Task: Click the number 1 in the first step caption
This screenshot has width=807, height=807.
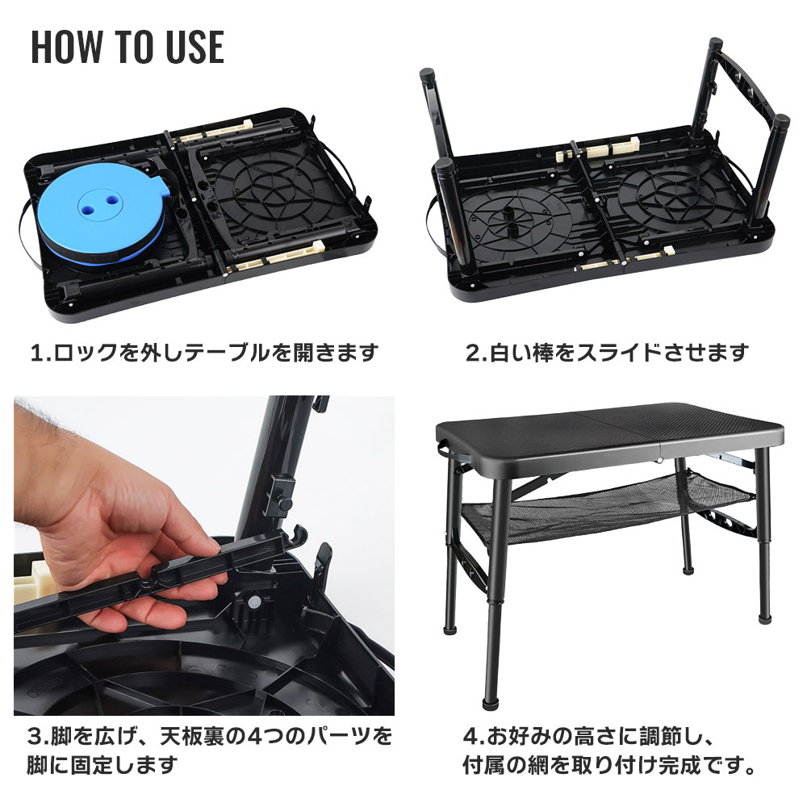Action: pyautogui.click(x=37, y=353)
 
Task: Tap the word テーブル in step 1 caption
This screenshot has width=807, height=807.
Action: pyautogui.click(x=227, y=353)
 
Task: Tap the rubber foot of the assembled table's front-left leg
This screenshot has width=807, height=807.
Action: pyautogui.click(x=491, y=704)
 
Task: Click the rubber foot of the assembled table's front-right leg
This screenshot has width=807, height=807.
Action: pyautogui.click(x=765, y=617)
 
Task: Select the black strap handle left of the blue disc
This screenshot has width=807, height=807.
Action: pyautogui.click(x=27, y=232)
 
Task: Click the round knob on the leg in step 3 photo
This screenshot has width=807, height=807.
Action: pyautogui.click(x=285, y=503)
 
